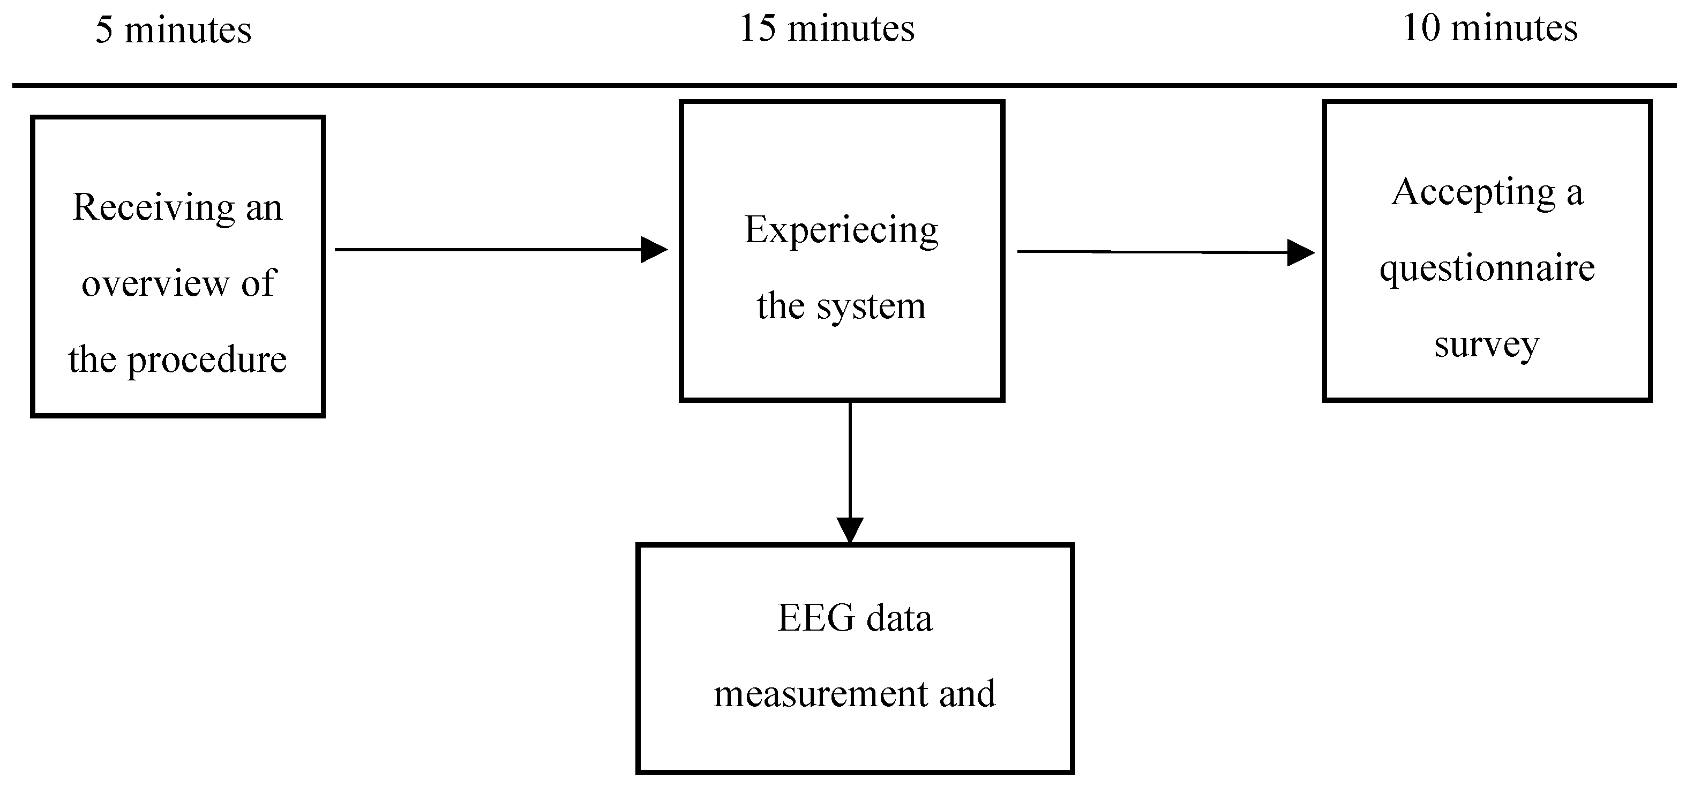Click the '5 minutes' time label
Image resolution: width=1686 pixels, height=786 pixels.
point(174,30)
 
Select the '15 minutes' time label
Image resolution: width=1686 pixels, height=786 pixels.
point(827,29)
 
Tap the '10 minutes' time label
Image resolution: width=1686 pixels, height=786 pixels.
point(1490,29)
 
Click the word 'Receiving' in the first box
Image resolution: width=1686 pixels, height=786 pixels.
point(153,208)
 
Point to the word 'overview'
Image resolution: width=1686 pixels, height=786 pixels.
point(155,283)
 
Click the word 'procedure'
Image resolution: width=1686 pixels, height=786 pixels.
point(207,360)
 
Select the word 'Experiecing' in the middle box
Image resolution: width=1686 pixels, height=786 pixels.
point(841,231)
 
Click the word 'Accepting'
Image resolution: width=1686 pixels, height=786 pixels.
point(1473,193)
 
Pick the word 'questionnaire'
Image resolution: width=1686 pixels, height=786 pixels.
point(1487,268)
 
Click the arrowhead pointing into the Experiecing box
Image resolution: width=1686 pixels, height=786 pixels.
point(653,249)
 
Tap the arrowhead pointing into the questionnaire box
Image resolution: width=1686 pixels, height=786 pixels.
point(1300,252)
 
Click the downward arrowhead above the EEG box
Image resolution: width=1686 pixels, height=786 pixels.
point(850,529)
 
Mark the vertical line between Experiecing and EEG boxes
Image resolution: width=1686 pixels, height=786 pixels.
point(850,458)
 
